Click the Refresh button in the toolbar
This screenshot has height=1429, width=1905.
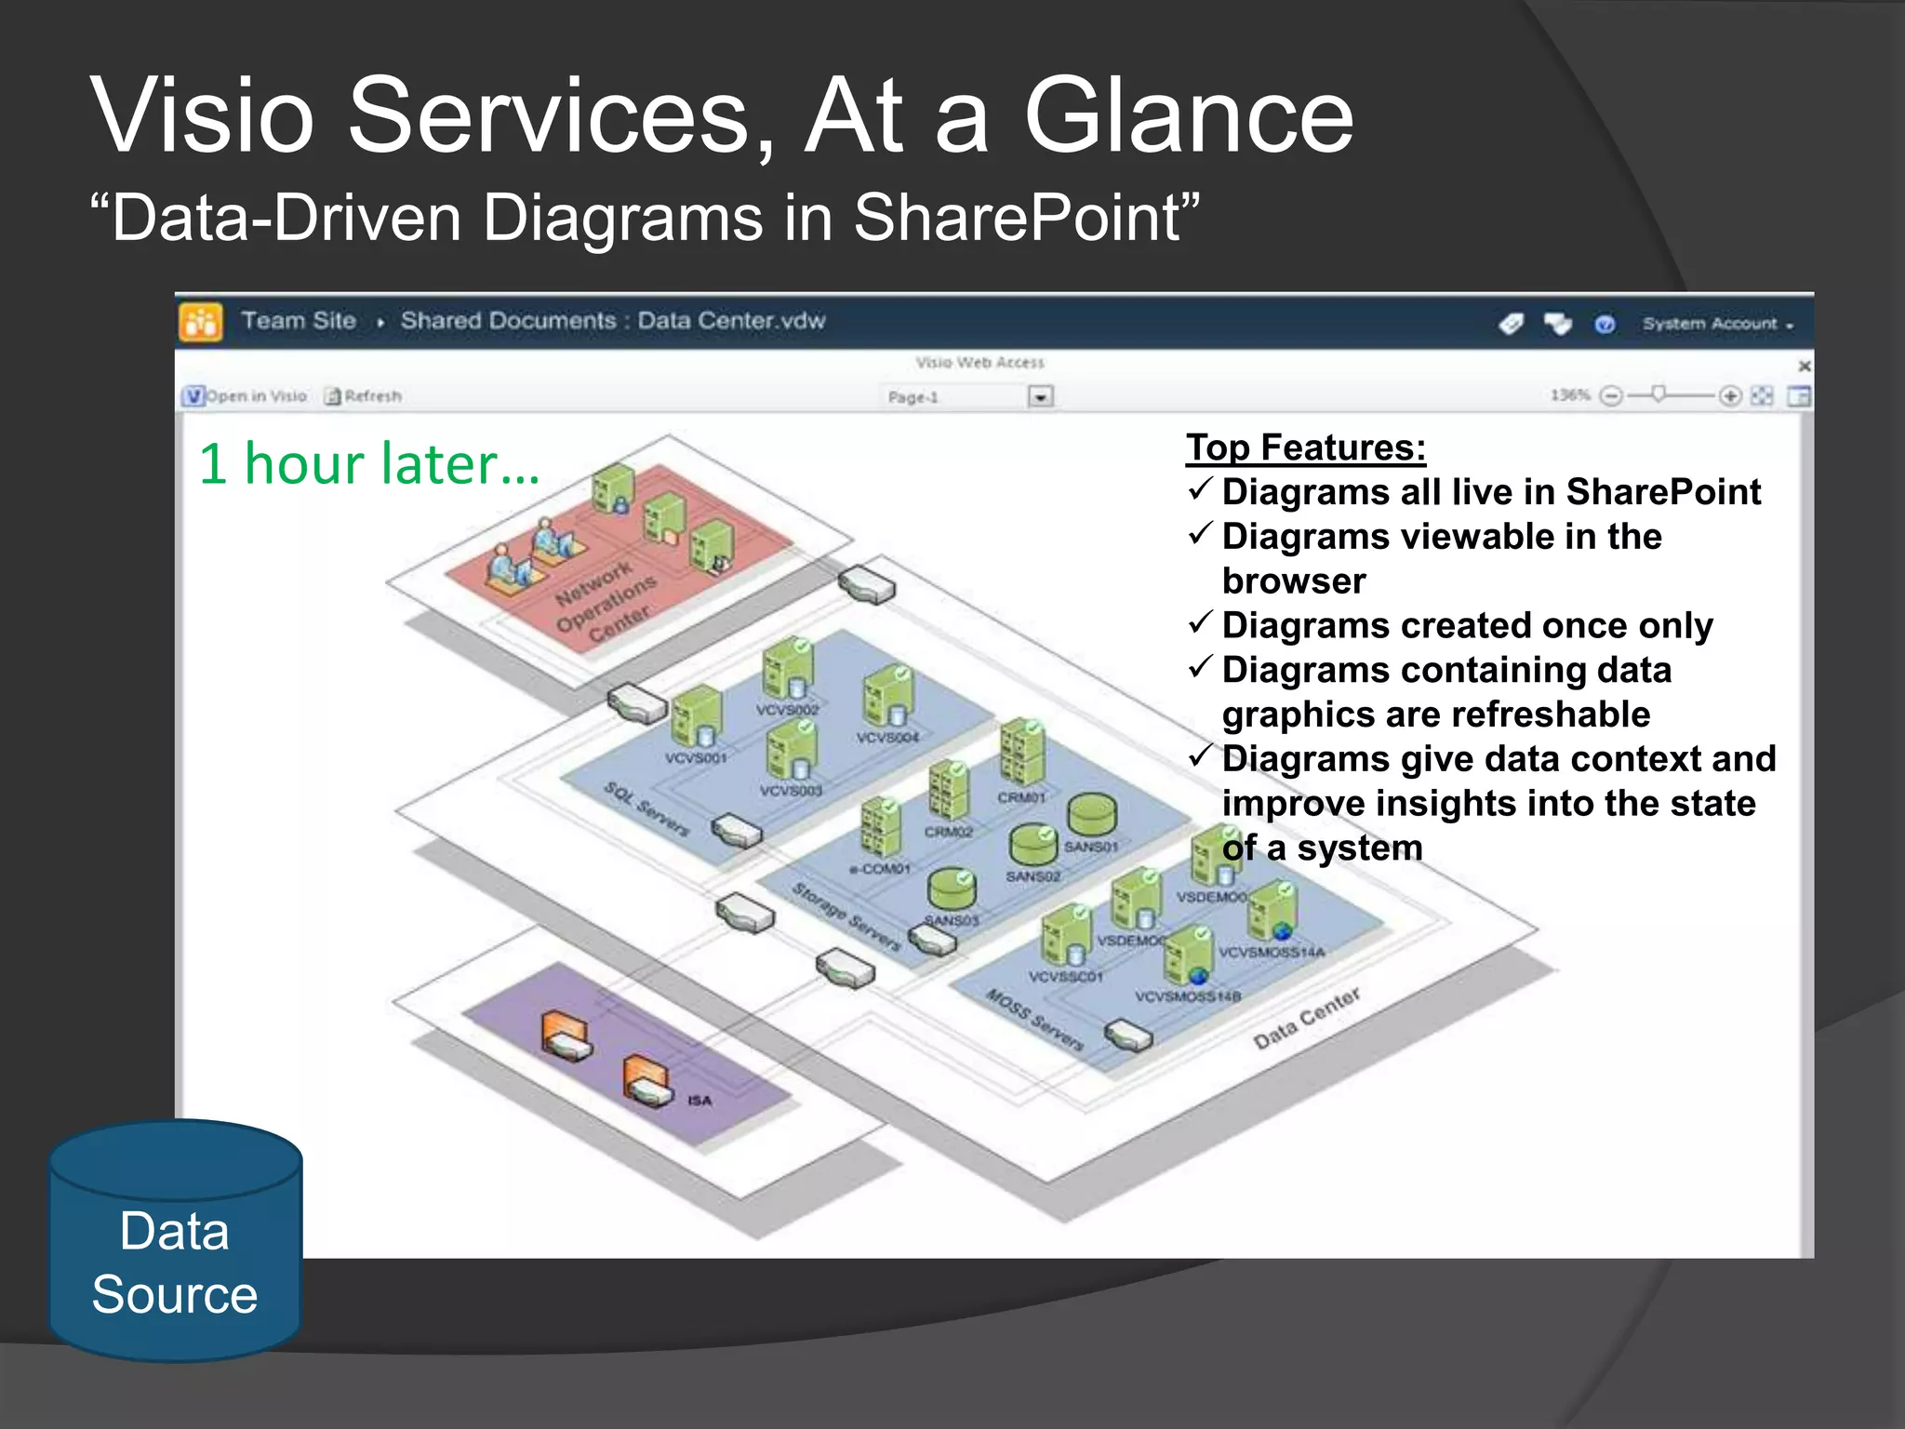pyautogui.click(x=364, y=396)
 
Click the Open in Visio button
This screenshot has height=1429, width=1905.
pyautogui.click(x=246, y=396)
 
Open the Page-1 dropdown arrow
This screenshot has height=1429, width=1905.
pyautogui.click(x=1040, y=397)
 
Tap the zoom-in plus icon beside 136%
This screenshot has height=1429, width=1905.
pyautogui.click(x=1729, y=396)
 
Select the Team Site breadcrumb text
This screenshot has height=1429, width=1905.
pyautogui.click(x=299, y=321)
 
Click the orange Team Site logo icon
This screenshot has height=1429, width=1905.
pyautogui.click(x=201, y=323)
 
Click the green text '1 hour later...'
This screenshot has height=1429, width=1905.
pyautogui.click(x=368, y=463)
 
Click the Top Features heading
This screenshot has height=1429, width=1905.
pyautogui.click(x=1305, y=447)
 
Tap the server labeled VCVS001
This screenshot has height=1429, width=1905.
pyautogui.click(x=696, y=718)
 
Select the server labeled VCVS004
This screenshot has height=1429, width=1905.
pyautogui.click(x=887, y=698)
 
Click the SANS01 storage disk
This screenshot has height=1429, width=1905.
pyautogui.click(x=1091, y=816)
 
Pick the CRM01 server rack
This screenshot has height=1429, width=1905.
pyautogui.click(x=1021, y=754)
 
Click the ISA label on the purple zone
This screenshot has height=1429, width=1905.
pyautogui.click(x=699, y=1101)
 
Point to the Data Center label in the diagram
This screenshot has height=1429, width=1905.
pyautogui.click(x=1306, y=1018)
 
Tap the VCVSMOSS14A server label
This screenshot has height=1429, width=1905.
pyautogui.click(x=1271, y=953)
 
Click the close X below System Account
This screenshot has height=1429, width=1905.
pyautogui.click(x=1804, y=366)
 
